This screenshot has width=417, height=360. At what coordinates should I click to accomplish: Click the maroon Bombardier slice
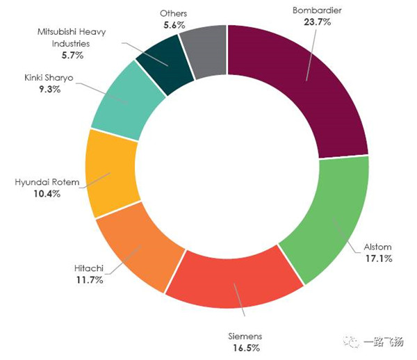[x=306, y=83]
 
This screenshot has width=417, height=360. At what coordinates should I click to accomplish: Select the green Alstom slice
[x=327, y=215]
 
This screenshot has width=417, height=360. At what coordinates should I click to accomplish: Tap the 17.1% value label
[x=378, y=259]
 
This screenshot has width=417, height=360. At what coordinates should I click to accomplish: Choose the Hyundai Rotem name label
[x=46, y=183]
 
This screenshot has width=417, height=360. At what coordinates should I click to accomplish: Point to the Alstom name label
[x=378, y=247]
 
